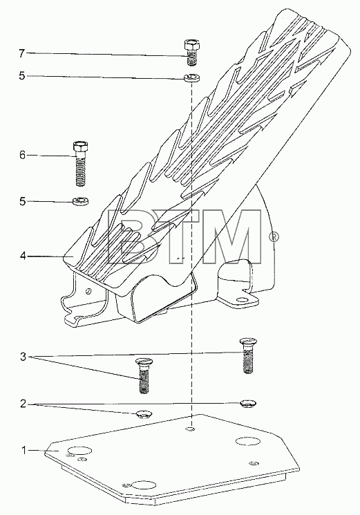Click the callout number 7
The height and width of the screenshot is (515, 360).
[21, 53]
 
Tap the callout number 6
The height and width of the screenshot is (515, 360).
[22, 155]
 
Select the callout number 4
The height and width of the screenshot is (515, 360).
[22, 256]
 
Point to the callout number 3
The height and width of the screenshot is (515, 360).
[23, 357]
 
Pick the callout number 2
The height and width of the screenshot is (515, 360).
[23, 404]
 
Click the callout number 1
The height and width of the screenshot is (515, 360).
[23, 451]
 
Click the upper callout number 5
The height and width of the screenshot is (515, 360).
[21, 76]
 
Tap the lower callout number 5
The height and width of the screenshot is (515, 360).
[22, 201]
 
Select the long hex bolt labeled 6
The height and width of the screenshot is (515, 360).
[80, 163]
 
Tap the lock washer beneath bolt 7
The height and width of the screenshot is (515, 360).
[191, 78]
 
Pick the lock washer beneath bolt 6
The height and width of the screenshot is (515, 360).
[80, 200]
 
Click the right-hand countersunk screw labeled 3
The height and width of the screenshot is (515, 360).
[249, 356]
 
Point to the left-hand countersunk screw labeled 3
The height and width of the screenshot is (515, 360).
[143, 376]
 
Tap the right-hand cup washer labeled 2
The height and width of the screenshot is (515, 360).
[248, 404]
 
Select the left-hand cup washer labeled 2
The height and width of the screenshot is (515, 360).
[143, 414]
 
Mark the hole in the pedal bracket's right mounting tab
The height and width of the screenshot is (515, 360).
[242, 300]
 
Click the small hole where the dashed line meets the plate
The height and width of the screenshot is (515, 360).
[190, 429]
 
